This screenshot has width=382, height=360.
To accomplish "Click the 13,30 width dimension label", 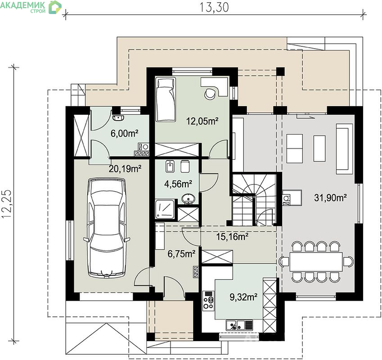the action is point(214,7).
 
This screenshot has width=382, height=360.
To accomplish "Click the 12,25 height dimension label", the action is point(7,203).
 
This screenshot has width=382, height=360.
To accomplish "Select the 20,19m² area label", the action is point(125,169).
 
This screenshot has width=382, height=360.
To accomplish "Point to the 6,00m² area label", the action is point(125,133).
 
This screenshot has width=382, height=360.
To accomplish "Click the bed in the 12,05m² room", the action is point(166,99).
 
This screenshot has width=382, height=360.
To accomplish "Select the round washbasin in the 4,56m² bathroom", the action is point(188,199).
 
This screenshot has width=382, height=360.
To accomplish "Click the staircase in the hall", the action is point(254,199).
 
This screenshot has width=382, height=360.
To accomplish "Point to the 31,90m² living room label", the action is point(330,198).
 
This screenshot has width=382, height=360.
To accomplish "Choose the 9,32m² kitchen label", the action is point(243,297).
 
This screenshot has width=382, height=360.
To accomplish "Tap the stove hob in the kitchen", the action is point(208,301).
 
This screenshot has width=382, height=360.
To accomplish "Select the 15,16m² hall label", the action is point(233,236).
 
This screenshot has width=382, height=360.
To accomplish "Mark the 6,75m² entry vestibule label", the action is point(181,254).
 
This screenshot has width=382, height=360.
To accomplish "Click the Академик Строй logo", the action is point(31,7).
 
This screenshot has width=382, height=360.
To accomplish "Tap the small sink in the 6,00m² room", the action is point(118,118).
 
